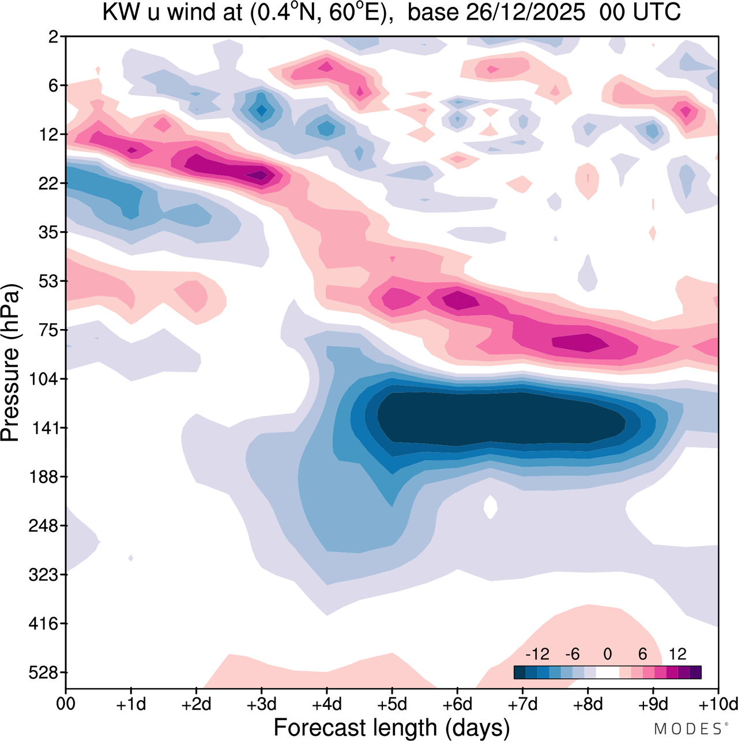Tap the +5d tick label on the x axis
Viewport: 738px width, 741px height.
pyautogui.click(x=392, y=704)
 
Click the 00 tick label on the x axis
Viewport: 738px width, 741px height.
pyautogui.click(x=66, y=704)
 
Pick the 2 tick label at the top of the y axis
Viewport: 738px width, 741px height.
pyautogui.click(x=54, y=37)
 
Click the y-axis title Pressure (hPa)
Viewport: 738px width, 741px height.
pyautogui.click(x=10, y=363)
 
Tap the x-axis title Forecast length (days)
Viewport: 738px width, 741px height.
pyautogui.click(x=391, y=727)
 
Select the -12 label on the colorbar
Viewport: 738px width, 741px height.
pyautogui.click(x=537, y=654)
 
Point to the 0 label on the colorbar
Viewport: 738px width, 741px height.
pyautogui.click(x=607, y=654)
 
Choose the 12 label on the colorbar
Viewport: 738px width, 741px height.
pyautogui.click(x=677, y=654)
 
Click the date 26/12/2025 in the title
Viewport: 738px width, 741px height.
pyautogui.click(x=496, y=13)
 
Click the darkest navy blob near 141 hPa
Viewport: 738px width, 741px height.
pyautogui.click(x=502, y=418)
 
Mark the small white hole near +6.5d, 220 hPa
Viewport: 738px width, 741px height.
pyautogui.click(x=490, y=507)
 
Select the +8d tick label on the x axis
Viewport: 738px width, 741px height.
pyautogui.click(x=588, y=704)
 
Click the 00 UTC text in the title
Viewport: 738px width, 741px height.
pyautogui.click(x=640, y=13)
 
